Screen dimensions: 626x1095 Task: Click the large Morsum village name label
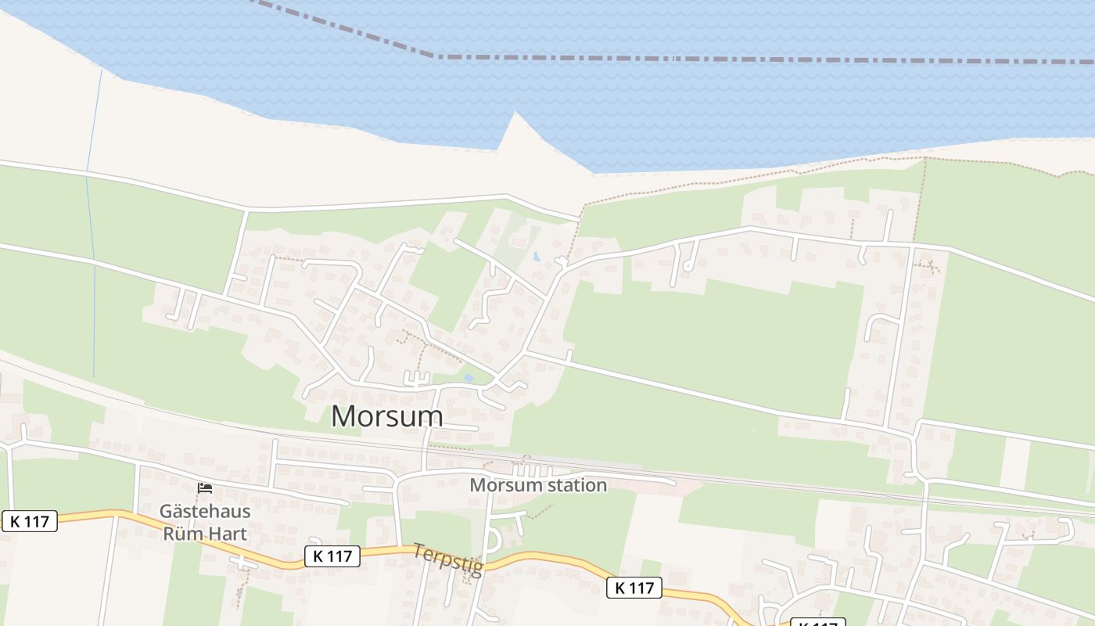click(x=386, y=416)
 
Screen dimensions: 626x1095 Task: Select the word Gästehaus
click(x=205, y=512)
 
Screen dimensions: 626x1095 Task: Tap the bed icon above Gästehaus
click(x=205, y=488)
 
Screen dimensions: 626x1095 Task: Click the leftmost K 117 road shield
click(x=30, y=521)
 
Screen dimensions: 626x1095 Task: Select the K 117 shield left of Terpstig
click(x=332, y=556)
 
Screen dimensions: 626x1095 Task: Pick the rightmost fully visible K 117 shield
click(x=634, y=587)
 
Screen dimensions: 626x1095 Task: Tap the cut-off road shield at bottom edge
click(x=817, y=623)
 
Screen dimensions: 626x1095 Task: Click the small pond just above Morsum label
click(x=469, y=377)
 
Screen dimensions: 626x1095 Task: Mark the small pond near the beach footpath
click(x=537, y=256)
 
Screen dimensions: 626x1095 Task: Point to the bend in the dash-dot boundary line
click(x=436, y=56)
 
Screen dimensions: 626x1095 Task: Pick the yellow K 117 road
click(x=547, y=559)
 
